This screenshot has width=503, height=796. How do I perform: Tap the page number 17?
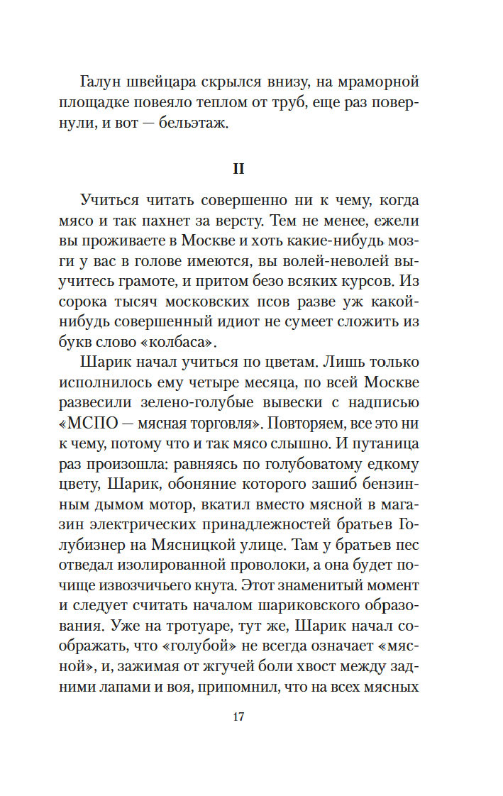coord(238,717)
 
